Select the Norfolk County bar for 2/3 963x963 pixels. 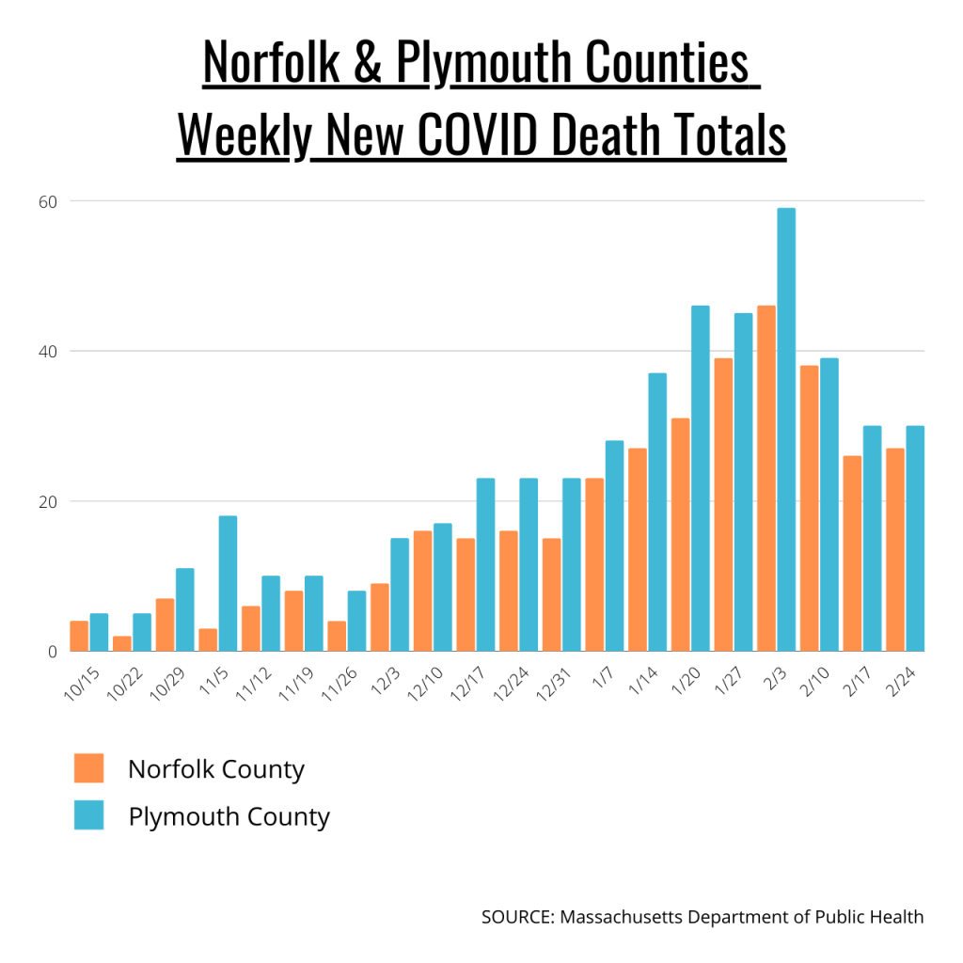click(766, 479)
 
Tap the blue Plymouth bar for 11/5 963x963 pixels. click(228, 583)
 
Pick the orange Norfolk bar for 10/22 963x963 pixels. click(121, 643)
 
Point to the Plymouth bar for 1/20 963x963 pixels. click(700, 479)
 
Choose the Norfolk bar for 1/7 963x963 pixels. click(594, 564)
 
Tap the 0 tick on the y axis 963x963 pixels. click(53, 651)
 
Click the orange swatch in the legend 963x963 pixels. click(88, 768)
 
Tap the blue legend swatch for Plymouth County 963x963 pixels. click(88, 815)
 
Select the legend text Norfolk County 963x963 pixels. click(216, 769)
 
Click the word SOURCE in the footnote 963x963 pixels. click(516, 916)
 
